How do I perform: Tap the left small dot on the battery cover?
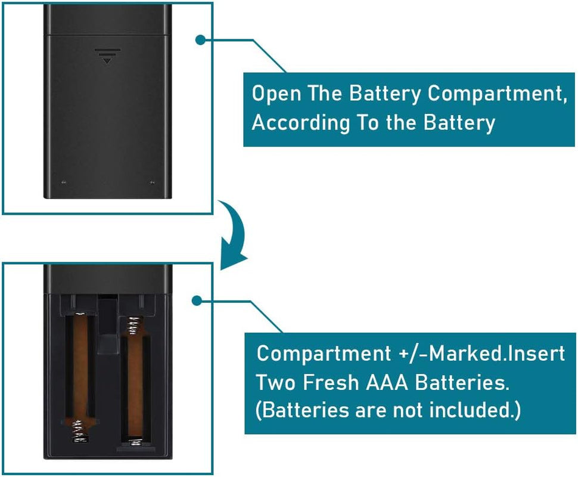coord(64,182)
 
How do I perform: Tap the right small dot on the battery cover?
coord(151,182)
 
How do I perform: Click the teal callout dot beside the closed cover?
coord(201,39)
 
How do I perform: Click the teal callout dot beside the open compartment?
coord(201,301)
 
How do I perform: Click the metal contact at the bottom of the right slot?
coord(135,441)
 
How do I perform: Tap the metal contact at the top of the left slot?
coord(79,315)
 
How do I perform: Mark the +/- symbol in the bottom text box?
coord(412,353)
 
